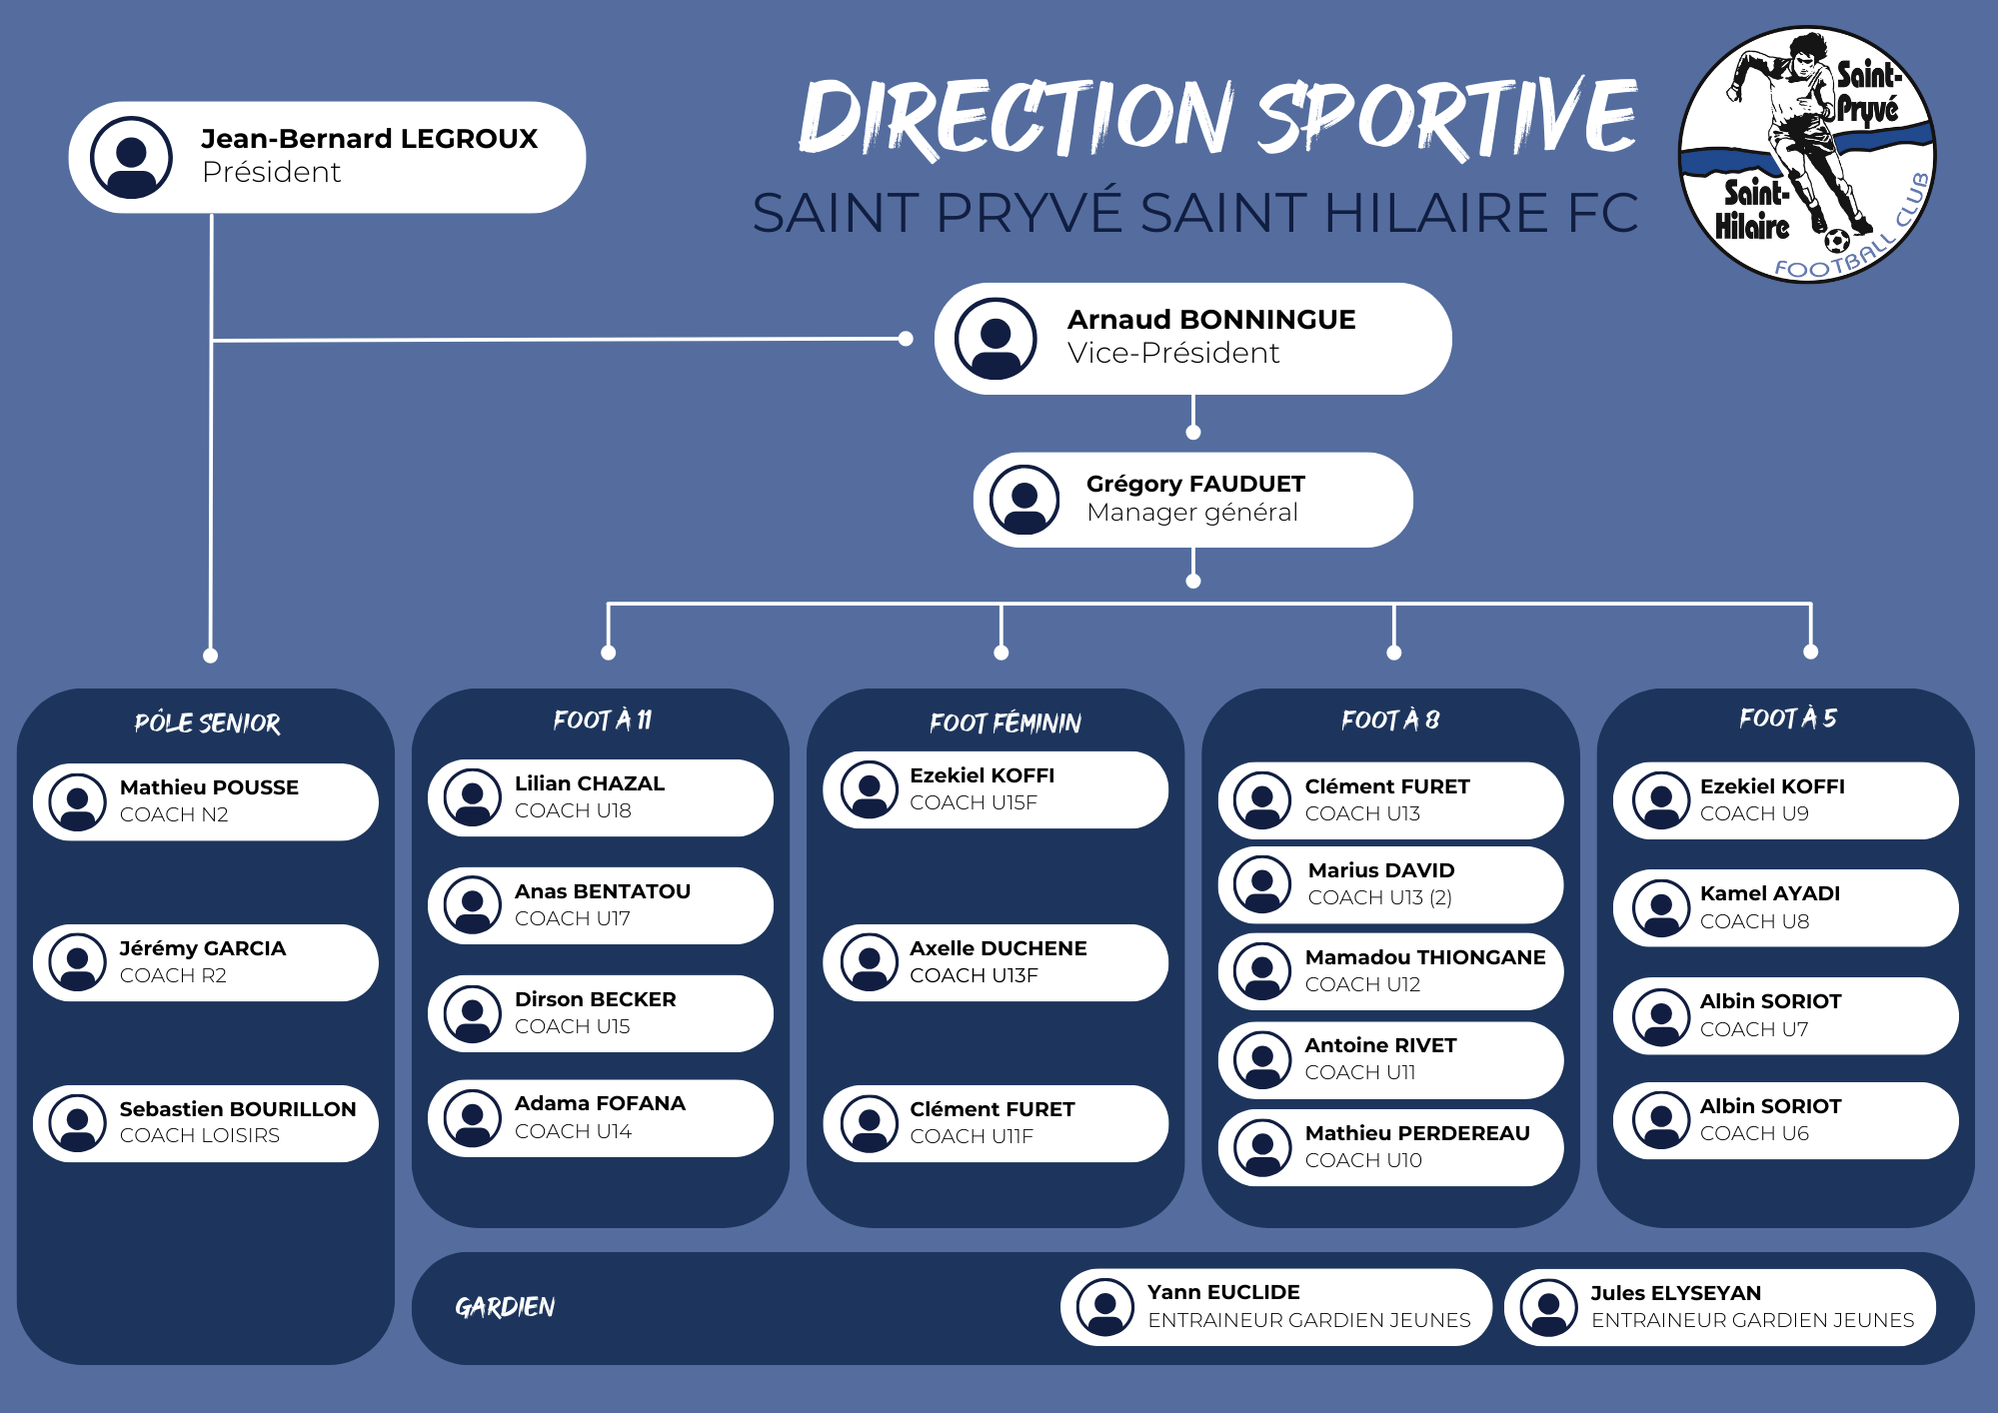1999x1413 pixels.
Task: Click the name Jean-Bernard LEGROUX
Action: click(369, 139)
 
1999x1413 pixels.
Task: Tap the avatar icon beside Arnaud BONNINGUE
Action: click(995, 339)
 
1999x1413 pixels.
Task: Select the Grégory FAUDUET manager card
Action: click(1192, 500)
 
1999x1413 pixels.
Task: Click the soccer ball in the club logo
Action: click(1836, 241)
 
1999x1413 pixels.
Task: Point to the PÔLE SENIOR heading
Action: click(207, 722)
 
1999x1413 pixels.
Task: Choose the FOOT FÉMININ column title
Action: click(1004, 722)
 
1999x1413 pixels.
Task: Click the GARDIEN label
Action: click(505, 1307)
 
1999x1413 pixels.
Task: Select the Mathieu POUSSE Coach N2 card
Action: click(206, 801)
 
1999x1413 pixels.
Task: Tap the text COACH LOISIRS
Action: click(200, 1136)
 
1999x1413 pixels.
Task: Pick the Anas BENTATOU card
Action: click(600, 905)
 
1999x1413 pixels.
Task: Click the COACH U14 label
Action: click(573, 1131)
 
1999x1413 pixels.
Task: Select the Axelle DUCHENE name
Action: click(998, 948)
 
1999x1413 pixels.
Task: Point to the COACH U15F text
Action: click(973, 802)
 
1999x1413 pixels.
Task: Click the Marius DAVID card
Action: click(1389, 884)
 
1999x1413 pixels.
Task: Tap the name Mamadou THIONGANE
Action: click(1424, 957)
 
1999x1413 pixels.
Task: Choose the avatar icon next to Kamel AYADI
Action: click(1661, 908)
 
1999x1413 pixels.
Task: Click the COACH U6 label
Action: click(1754, 1133)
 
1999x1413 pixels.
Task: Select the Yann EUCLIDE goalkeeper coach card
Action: click(1275, 1307)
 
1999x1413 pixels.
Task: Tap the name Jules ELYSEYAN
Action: click(1675, 1293)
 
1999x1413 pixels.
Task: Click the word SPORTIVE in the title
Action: click(1446, 118)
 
